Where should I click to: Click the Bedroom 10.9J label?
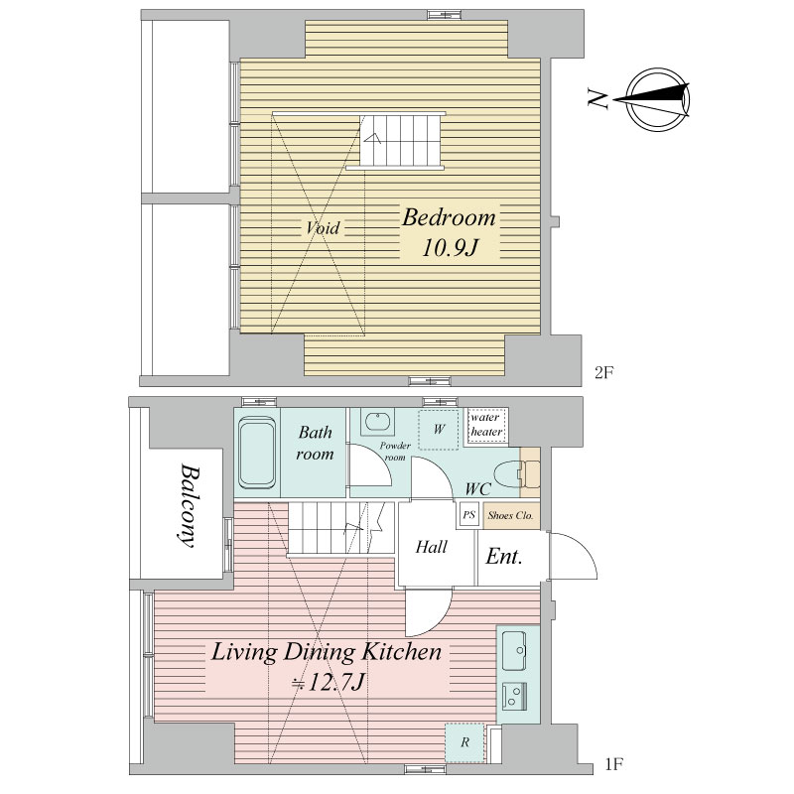point(450,232)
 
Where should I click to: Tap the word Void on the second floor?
point(323,228)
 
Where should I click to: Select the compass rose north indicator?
point(653,99)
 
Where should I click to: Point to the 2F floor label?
point(604,373)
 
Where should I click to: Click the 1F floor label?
point(614,764)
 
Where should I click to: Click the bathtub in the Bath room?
point(257,453)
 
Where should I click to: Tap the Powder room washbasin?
point(377,421)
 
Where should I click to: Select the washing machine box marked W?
point(439,430)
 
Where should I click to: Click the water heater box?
point(486,426)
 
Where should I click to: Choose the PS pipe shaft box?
point(468,515)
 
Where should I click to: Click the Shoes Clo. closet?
point(511,515)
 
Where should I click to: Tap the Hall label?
point(432,547)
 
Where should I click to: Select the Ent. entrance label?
point(504,557)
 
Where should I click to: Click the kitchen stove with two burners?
point(515,696)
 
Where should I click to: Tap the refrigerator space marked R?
point(464,742)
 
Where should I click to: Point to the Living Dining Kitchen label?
point(327,667)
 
